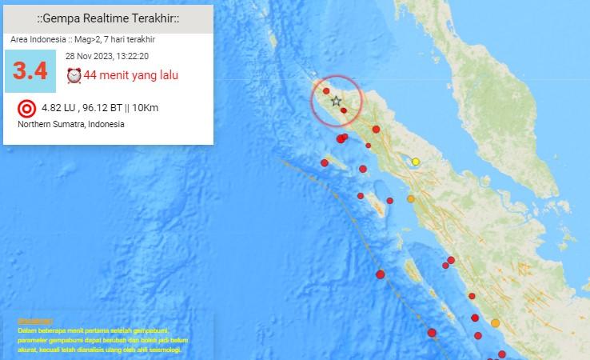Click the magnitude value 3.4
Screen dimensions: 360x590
(x=30, y=72)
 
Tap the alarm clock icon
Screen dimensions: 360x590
(x=74, y=76)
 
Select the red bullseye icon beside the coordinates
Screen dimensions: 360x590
(x=26, y=108)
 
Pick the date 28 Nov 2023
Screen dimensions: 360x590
(x=88, y=56)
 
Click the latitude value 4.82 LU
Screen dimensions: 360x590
(x=57, y=107)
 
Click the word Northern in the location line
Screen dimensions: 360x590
(x=34, y=124)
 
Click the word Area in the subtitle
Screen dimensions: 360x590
(x=19, y=39)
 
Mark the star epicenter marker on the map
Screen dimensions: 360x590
(x=336, y=101)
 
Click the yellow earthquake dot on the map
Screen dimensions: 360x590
(x=416, y=162)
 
